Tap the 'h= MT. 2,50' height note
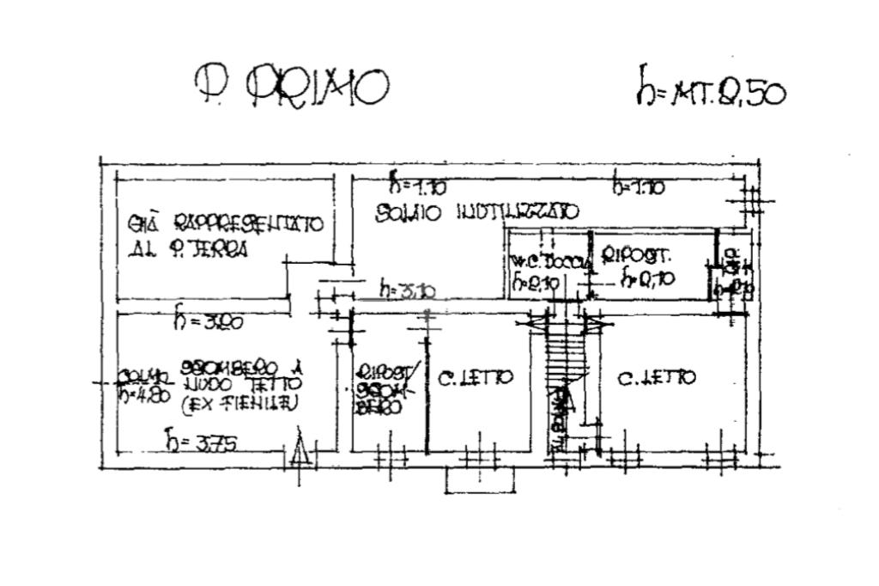coord(710,89)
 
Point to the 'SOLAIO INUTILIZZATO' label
coord(477,211)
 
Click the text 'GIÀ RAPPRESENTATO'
coord(225,224)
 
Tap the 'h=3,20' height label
coord(209,321)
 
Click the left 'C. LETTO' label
coord(476,377)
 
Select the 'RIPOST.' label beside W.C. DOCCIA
coord(636,256)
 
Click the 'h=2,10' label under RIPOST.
coord(648,278)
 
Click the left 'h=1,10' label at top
coord(417,185)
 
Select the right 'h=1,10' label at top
coord(638,185)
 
